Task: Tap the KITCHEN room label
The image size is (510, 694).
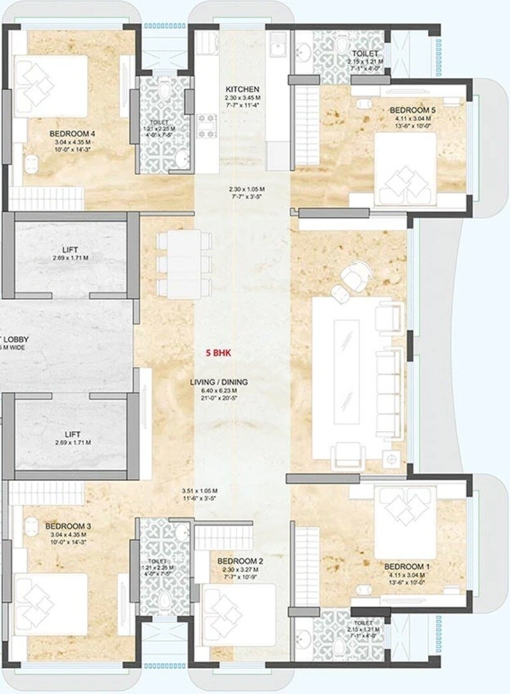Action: click(x=242, y=89)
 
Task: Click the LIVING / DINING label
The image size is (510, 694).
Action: click(x=218, y=382)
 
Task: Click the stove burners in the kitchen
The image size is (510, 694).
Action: click(x=207, y=126)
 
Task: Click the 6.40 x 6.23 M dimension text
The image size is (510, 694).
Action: click(x=218, y=391)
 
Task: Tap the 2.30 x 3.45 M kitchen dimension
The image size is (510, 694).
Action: click(x=242, y=98)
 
